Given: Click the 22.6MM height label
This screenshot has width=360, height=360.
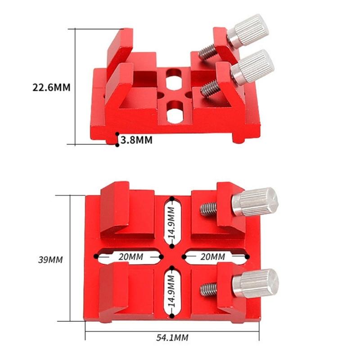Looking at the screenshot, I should pos(51,87).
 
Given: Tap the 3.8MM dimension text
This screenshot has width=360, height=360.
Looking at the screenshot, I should pos(136,140).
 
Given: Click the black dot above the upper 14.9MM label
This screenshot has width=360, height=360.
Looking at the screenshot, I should pos(172,198).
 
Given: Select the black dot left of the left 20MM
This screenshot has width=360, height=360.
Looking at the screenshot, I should pos(96,256).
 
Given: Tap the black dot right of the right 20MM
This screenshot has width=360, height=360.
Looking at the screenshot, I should pos(247,256).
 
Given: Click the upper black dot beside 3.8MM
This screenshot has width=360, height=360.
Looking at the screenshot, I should pos(117,134).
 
